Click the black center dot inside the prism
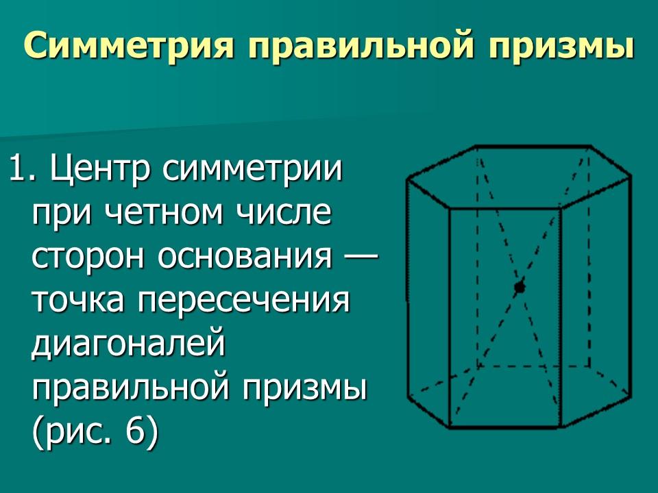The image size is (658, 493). tap(519, 287)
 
